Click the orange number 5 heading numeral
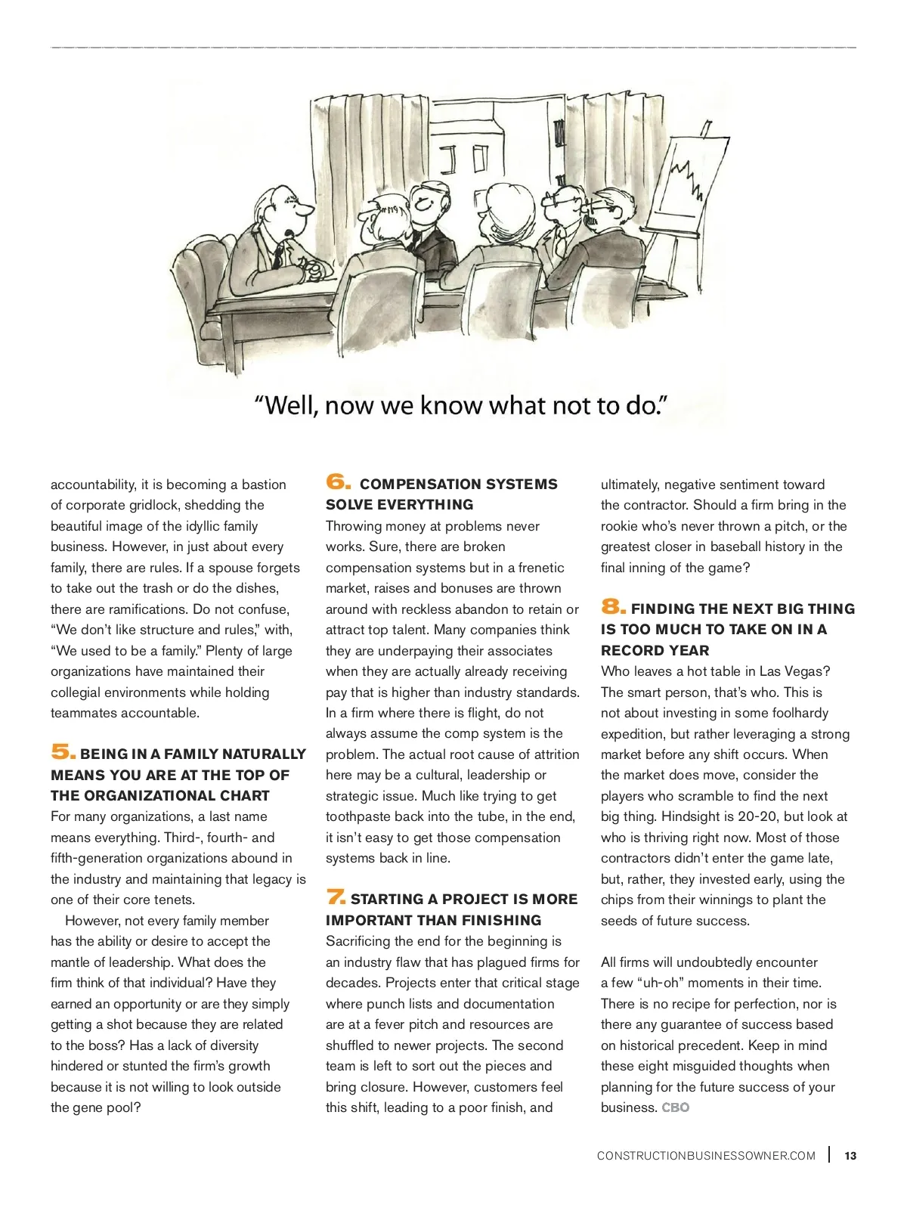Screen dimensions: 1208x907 (x=63, y=752)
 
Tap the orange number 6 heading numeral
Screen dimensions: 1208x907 (x=338, y=482)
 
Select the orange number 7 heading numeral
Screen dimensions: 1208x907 (x=336, y=897)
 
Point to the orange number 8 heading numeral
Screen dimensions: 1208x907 (x=613, y=606)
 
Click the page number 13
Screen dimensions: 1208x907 (x=850, y=1155)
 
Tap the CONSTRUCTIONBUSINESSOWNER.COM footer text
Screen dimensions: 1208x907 (x=706, y=1155)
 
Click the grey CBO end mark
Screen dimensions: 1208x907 (x=676, y=1107)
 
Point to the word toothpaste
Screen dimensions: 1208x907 (x=361, y=816)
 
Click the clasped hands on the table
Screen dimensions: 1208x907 (x=312, y=268)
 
